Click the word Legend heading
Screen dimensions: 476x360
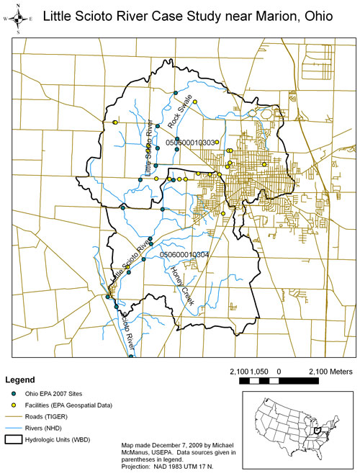(22, 380)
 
